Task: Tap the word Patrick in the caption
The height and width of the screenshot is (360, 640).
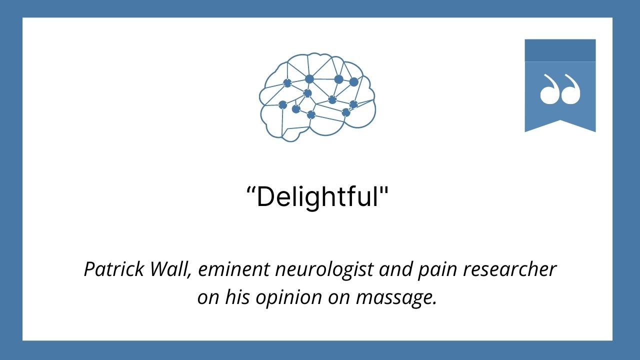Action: [109, 270]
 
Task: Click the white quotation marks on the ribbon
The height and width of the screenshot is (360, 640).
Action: [560, 90]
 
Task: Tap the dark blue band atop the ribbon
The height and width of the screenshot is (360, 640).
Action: [560, 50]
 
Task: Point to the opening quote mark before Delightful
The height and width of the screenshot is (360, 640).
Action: [251, 191]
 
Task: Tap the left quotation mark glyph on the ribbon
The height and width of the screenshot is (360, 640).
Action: [549, 90]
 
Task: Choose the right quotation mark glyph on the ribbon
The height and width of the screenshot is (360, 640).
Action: [571, 90]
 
